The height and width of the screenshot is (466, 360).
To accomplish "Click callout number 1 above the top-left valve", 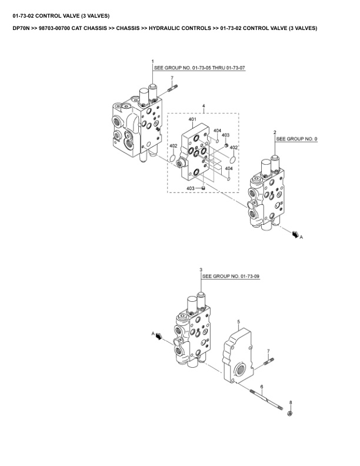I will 153,62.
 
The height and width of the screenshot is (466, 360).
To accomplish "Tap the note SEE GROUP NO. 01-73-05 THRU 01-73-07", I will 199,69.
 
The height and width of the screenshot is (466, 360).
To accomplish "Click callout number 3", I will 201,269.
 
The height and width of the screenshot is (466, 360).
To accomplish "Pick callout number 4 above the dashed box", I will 204,106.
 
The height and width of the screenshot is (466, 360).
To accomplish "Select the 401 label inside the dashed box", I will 192,119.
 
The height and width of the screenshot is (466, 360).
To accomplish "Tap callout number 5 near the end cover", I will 238,321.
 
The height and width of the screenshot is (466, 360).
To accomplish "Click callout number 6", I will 261,387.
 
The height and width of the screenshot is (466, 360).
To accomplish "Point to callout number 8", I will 290,402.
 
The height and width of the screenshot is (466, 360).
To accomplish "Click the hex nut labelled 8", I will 290,414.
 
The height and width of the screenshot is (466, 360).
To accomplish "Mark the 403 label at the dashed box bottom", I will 191,188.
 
